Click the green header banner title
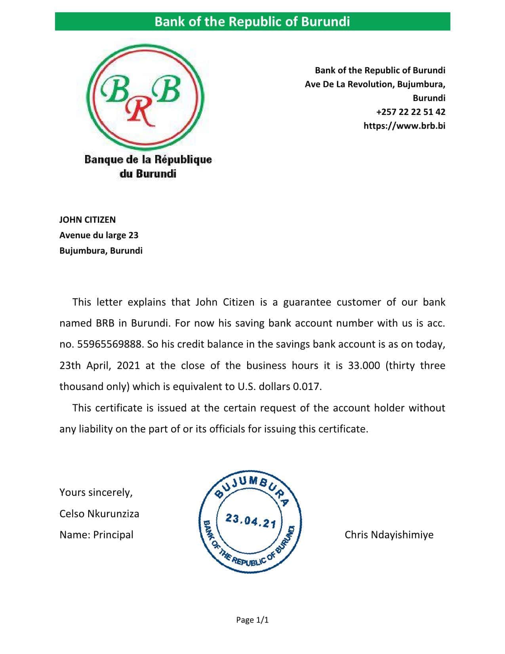(x=252, y=21)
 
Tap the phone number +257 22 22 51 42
(x=410, y=112)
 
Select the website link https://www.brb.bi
(x=404, y=126)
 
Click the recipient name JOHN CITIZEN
(x=88, y=220)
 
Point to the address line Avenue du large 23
(x=99, y=235)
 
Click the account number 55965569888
(x=109, y=344)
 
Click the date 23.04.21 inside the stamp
(x=250, y=520)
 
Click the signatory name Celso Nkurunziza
(x=99, y=514)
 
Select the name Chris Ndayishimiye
(x=389, y=535)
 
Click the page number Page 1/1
(x=252, y=620)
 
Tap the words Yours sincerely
(x=96, y=492)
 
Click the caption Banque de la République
(x=148, y=160)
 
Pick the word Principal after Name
(x=113, y=535)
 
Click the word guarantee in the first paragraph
(x=307, y=302)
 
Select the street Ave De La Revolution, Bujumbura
(x=375, y=84)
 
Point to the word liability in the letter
(x=95, y=429)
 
